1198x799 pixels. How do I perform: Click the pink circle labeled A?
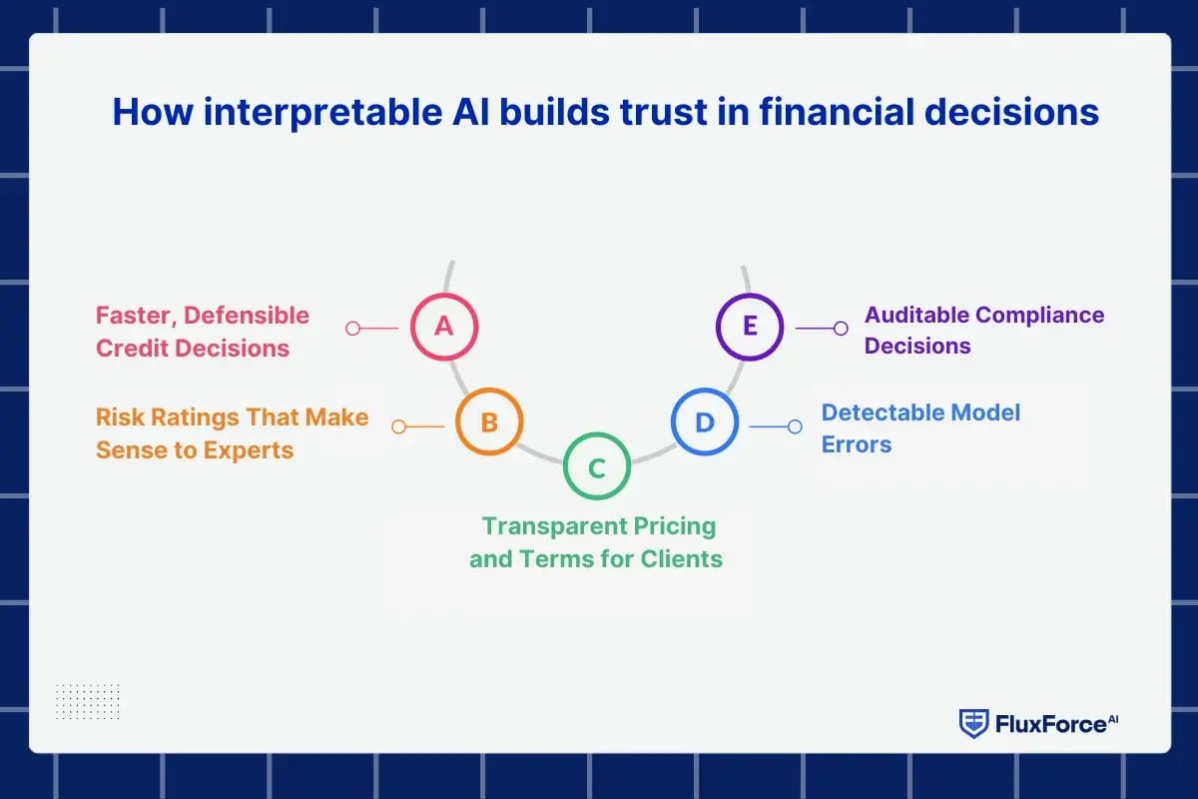444,327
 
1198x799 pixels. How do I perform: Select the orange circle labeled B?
489,422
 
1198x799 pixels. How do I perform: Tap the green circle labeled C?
596,467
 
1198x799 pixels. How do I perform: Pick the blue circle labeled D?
704,422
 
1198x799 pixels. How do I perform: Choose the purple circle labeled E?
750,327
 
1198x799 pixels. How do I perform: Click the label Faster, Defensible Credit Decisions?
203,332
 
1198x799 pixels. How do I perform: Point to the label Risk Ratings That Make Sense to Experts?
232,433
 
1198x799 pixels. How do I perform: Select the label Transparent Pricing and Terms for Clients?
596,542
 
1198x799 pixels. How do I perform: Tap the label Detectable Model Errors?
920,428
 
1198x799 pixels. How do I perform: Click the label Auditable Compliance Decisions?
983,331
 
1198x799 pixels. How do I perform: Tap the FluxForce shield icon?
973,723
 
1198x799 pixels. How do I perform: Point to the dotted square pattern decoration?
87,702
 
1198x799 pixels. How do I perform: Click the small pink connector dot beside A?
352,328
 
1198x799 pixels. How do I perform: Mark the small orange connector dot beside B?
398,426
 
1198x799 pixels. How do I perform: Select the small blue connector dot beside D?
795,426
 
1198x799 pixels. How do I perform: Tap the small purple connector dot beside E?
841,328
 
